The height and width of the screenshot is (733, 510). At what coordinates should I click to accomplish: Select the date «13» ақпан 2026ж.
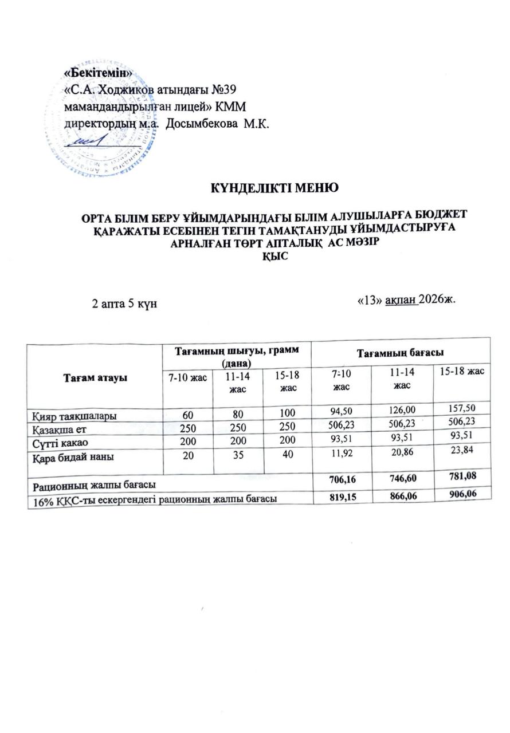click(x=405, y=299)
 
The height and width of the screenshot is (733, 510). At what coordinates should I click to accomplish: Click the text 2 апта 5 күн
click(x=125, y=303)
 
